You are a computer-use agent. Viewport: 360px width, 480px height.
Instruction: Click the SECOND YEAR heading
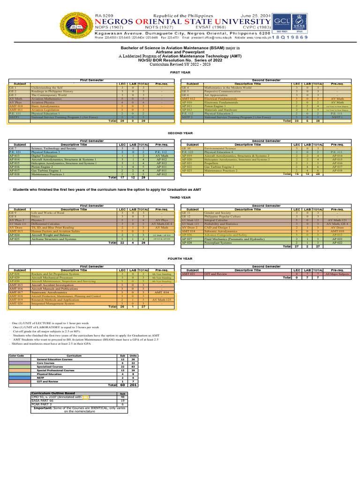click(x=180, y=133)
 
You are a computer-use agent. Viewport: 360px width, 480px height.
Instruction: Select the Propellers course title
click(x=213, y=163)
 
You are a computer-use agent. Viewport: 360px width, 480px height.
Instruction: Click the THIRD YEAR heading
click(x=180, y=198)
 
